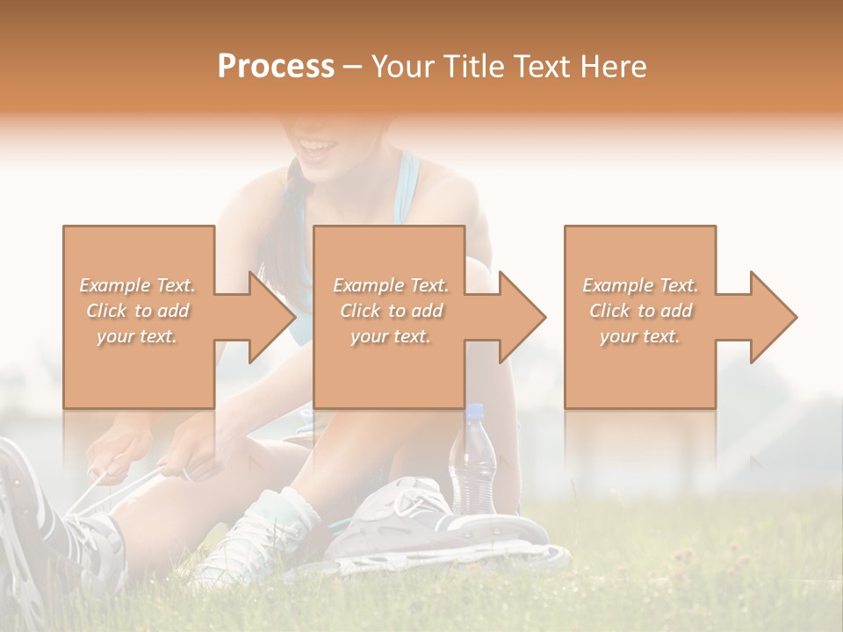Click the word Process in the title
tap(276, 66)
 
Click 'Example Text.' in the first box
tap(138, 285)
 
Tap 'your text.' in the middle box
tap(390, 336)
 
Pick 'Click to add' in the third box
tap(640, 311)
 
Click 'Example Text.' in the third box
tap(640, 285)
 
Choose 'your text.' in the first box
tap(138, 336)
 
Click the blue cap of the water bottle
tap(474, 411)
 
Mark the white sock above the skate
tap(272, 518)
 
